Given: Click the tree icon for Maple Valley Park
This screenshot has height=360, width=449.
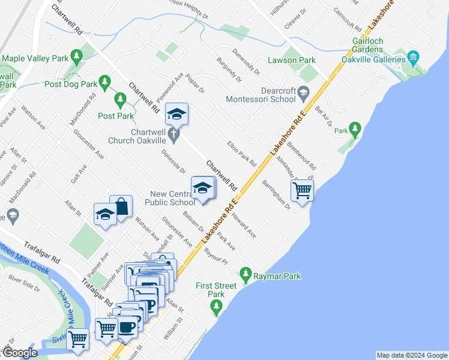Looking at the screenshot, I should (x=76, y=57).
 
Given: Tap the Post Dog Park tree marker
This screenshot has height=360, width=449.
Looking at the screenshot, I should (x=105, y=80).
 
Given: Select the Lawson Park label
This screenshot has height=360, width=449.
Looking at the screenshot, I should (x=292, y=60).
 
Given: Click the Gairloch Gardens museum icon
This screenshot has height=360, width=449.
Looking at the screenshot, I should (x=412, y=58).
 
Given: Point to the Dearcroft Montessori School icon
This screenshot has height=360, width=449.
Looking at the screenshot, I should (x=303, y=92).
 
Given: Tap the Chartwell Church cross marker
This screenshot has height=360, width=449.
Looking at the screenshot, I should (x=174, y=136).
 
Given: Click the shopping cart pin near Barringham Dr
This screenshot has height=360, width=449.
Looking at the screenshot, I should (x=302, y=191).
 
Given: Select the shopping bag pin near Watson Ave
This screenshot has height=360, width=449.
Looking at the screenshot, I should (x=121, y=206).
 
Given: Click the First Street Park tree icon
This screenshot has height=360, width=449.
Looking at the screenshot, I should (x=217, y=307).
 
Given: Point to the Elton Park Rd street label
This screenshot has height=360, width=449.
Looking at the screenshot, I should (x=241, y=154).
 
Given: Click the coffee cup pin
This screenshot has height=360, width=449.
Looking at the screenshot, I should (x=126, y=327).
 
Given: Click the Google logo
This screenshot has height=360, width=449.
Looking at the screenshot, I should (x=20, y=353).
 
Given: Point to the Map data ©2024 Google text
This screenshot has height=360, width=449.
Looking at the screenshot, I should (x=411, y=355).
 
